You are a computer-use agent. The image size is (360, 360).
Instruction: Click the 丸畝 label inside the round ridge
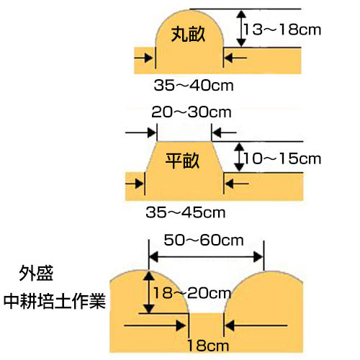click(x=188, y=35)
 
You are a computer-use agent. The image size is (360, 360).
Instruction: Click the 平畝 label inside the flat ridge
click(x=182, y=161)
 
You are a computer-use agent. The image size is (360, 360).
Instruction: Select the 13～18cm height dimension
click(x=282, y=30)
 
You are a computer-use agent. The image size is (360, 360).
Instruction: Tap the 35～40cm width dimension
click(x=194, y=85)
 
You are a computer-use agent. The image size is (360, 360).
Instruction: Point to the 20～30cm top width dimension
click(x=192, y=112)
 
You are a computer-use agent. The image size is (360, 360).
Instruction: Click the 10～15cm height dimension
click(x=282, y=158)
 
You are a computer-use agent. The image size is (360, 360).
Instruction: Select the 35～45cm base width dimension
click(x=186, y=212)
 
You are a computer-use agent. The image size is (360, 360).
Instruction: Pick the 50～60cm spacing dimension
click(x=204, y=240)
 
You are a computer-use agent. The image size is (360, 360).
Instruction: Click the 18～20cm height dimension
click(x=192, y=293)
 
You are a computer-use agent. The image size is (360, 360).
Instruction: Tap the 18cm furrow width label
click(x=208, y=346)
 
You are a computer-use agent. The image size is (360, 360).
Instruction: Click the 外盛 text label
click(x=36, y=273)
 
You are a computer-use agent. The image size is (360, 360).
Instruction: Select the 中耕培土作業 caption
click(x=55, y=301)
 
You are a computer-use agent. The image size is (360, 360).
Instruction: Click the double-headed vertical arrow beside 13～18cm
click(x=241, y=28)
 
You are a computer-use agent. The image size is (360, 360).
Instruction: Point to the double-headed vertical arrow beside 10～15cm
click(x=239, y=157)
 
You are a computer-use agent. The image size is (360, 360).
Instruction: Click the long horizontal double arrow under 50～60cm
click(x=207, y=257)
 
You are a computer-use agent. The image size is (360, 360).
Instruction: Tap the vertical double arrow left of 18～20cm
click(x=149, y=292)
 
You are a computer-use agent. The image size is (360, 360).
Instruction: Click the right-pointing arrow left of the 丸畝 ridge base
click(x=143, y=58)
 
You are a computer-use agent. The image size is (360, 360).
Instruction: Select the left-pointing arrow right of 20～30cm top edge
click(x=225, y=132)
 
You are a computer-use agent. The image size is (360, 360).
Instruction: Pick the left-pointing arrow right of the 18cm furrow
click(x=256, y=325)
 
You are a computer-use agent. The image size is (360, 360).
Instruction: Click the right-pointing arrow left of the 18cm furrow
click(x=155, y=325)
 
